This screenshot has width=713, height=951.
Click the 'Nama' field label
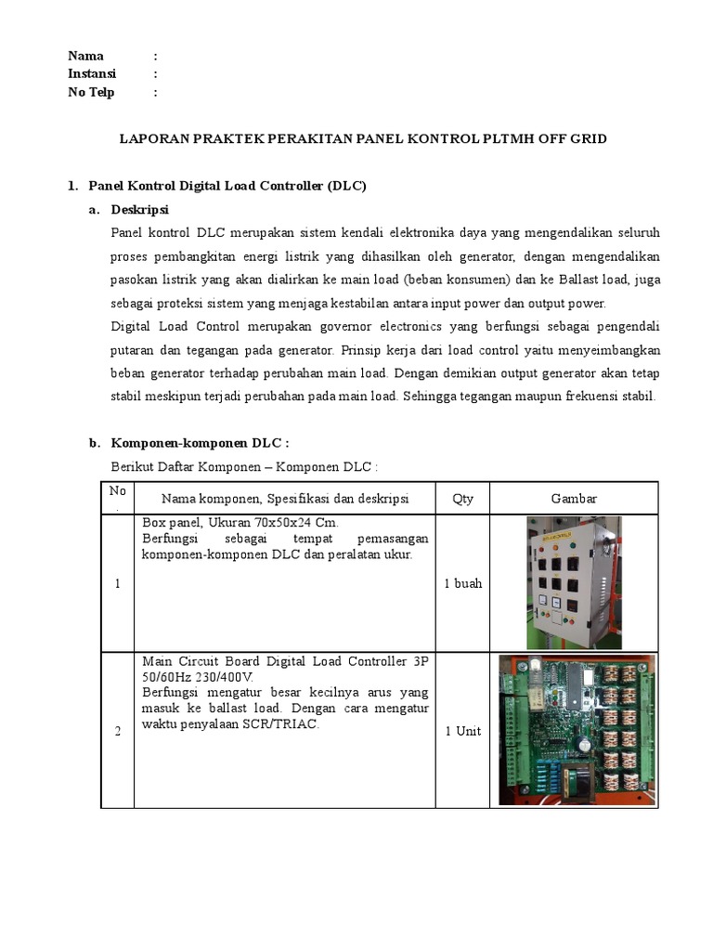tap(86, 56)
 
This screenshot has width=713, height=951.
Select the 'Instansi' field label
tap(92, 73)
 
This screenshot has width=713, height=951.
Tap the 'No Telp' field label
tap(91, 92)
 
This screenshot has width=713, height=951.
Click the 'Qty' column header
tap(462, 499)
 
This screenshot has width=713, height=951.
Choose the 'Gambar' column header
tap(574, 499)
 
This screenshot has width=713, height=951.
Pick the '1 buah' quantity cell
tap(462, 584)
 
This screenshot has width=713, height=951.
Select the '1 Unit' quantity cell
tap(462, 731)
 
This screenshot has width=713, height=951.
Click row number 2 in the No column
tap(118, 731)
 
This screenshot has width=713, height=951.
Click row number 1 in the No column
tap(118, 584)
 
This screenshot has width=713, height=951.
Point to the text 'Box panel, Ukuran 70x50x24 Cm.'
tap(240, 523)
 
